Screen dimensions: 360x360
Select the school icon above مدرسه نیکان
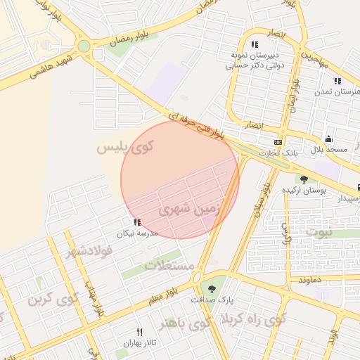(x=136, y=223)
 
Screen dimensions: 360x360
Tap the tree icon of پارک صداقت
(x=212, y=287)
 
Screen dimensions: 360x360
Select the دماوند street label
(x=309, y=280)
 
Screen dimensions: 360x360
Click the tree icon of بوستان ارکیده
(x=303, y=179)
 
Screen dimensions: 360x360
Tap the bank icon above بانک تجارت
(x=278, y=142)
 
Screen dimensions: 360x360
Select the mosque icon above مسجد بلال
(x=328, y=139)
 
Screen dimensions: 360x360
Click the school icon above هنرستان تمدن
(x=337, y=81)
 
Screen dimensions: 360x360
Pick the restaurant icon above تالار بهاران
(x=139, y=333)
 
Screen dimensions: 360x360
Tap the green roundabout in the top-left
(x=84, y=46)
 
